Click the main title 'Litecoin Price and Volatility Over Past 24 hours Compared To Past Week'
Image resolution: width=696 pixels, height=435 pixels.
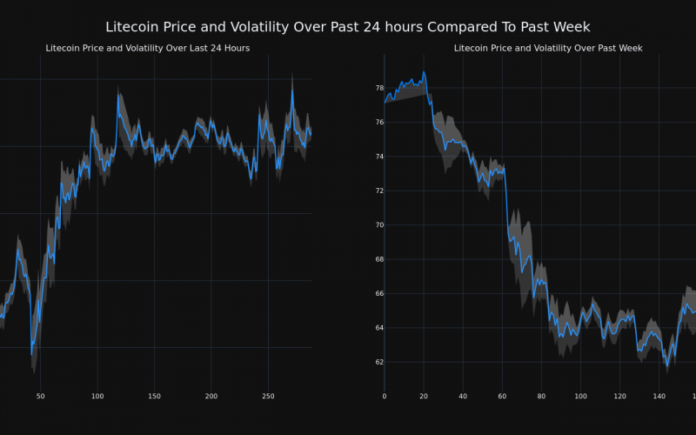pyautogui.click(x=348, y=27)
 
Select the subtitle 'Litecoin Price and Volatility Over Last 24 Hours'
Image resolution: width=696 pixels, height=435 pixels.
pyautogui.click(x=148, y=48)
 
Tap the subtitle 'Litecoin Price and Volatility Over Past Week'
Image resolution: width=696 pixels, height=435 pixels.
pyautogui.click(x=548, y=48)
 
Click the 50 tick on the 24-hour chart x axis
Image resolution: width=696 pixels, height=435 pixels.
pyautogui.click(x=40, y=397)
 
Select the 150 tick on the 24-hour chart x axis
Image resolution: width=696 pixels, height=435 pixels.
pyautogui.click(x=154, y=397)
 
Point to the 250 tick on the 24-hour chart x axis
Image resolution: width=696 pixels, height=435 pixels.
pyautogui.click(x=268, y=397)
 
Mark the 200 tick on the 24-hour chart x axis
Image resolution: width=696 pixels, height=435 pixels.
pyautogui.click(x=211, y=397)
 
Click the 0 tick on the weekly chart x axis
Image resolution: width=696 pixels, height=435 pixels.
pyautogui.click(x=385, y=397)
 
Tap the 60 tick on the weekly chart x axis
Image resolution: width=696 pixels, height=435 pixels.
pyautogui.click(x=502, y=397)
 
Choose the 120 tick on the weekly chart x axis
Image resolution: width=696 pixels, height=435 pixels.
pyautogui.click(x=619, y=397)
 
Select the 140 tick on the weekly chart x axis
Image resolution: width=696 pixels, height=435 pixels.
pyautogui.click(x=659, y=397)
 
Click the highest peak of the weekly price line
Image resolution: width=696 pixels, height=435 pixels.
pyautogui.click(x=424, y=72)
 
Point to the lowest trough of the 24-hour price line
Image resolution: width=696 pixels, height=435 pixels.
pyautogui.click(x=32, y=353)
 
